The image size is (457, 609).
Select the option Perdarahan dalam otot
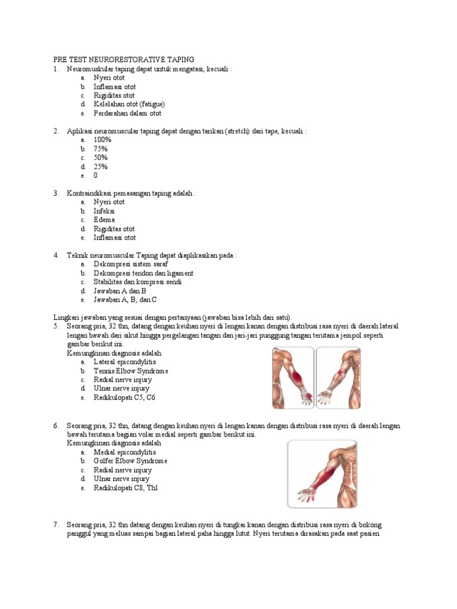coord(127,113)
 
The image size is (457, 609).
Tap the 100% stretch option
coord(102,140)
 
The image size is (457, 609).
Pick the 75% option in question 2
coord(101,149)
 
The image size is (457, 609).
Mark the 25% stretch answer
coord(101,167)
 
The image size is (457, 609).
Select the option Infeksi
coord(104,211)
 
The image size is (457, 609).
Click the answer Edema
coord(104,220)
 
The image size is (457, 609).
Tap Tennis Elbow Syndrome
coord(131,371)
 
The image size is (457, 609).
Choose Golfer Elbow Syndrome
coord(130,461)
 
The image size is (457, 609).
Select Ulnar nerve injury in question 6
coord(121,479)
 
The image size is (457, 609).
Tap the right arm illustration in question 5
coord(338,378)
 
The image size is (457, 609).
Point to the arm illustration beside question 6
coord(322,473)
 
